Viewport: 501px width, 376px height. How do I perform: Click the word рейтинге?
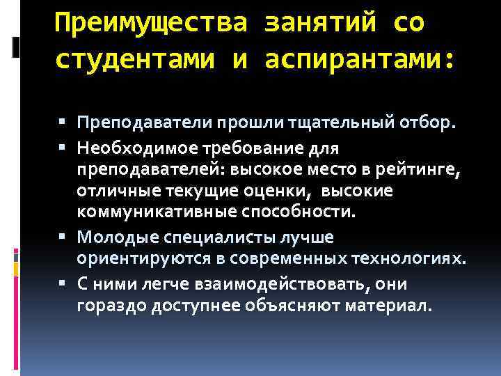pyautogui.click(x=422, y=169)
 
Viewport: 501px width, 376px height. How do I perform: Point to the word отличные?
pyautogui.click(x=111, y=191)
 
